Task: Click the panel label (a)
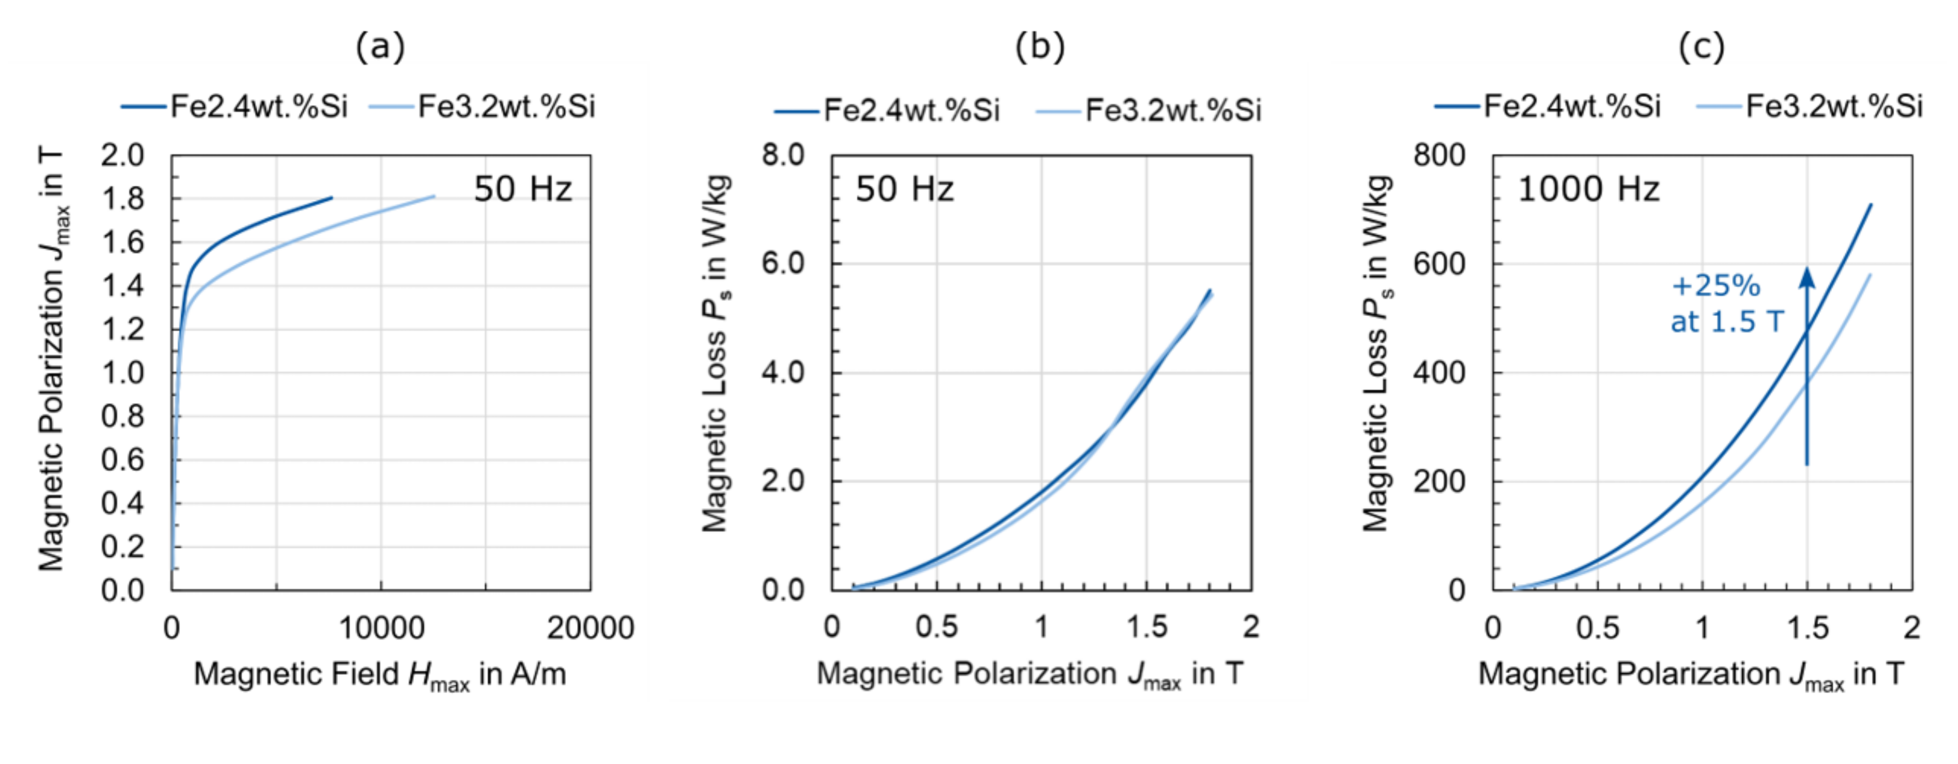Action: click(380, 47)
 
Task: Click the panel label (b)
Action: click(1040, 47)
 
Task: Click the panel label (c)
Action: click(1701, 47)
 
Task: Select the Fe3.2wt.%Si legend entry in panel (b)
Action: click(1148, 111)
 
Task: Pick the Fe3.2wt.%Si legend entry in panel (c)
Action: click(1809, 107)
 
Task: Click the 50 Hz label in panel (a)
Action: click(522, 188)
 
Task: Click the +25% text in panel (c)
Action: click(1715, 286)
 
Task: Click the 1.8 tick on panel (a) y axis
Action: click(122, 199)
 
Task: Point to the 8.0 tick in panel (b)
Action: click(783, 155)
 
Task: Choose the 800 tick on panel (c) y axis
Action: click(1439, 155)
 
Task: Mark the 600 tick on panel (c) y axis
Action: click(1439, 264)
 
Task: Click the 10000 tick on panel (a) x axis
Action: click(381, 628)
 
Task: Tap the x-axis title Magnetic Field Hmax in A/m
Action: click(380, 674)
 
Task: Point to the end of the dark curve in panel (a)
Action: click(331, 198)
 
